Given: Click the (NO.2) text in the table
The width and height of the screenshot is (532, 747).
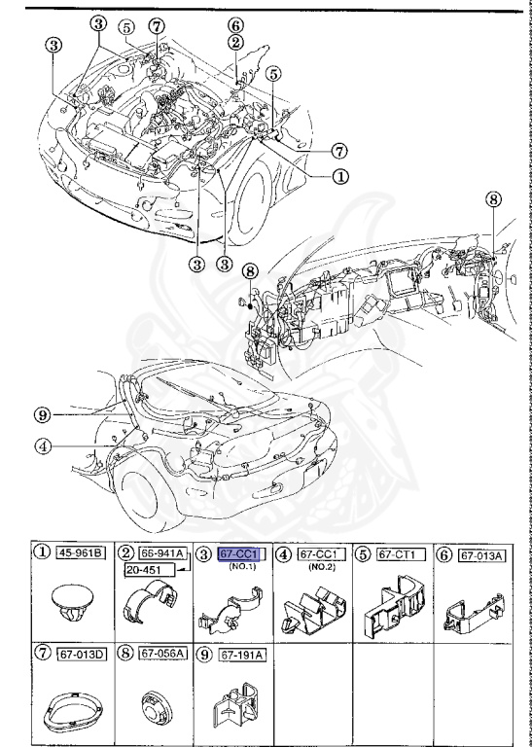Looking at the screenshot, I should coord(316,567).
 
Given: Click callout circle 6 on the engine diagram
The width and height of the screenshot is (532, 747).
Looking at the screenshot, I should coord(236,25).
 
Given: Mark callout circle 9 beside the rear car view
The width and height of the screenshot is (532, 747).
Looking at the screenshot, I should coord(42,413).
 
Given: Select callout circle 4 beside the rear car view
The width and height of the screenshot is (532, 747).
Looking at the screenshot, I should coord(42,447).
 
